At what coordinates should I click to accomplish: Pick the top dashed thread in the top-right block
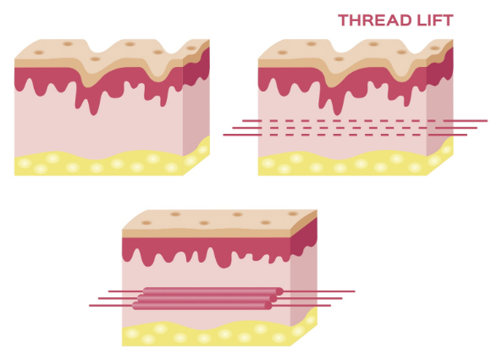coord(365,121)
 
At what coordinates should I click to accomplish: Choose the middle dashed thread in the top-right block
coord(355,128)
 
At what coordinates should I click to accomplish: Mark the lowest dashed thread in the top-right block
coord(345,135)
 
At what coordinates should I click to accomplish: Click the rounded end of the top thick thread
coord(279,291)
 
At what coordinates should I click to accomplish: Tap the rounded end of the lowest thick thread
coord(268,306)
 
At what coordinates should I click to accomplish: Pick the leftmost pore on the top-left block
coord(39,53)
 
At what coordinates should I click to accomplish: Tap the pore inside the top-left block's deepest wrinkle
coord(95,59)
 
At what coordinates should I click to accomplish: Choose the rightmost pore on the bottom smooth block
coord(293,213)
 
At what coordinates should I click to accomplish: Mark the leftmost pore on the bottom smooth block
coord(146,223)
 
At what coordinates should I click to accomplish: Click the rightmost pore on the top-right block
coord(434,48)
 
